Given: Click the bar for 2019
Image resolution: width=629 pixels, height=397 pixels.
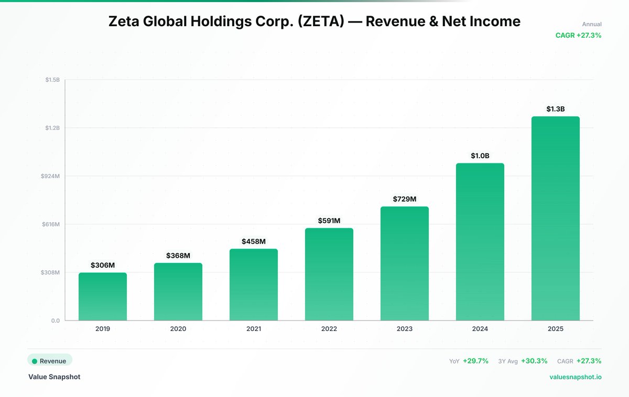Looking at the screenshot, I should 103,296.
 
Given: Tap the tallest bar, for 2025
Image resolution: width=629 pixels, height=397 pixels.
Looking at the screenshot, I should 556,218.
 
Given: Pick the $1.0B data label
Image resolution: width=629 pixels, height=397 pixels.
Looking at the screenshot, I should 480,156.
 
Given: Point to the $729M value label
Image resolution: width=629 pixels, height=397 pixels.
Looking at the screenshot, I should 405,199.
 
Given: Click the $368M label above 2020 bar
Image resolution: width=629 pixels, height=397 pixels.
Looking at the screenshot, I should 178,256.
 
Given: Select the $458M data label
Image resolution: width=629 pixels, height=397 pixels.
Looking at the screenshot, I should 254,241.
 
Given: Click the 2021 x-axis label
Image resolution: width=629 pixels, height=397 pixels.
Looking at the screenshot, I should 254,329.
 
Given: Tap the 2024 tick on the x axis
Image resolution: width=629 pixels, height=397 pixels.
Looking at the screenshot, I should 480,329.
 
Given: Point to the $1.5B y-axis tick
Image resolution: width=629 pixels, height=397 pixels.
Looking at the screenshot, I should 52,80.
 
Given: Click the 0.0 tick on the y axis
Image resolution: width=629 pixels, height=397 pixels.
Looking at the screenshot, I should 55,321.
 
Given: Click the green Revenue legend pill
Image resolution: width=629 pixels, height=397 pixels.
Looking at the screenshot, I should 50,361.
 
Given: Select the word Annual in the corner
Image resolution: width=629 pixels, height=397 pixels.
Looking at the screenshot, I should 592,24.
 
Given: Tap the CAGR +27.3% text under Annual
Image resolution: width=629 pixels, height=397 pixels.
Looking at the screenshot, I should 578,36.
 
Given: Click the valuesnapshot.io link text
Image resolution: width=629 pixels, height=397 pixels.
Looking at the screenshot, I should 576,377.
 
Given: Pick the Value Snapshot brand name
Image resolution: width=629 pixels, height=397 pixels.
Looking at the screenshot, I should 55,377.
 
